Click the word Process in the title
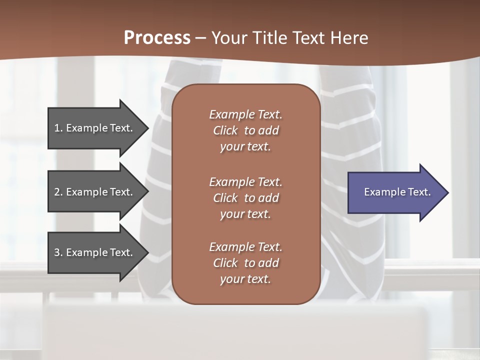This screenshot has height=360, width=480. point(157,37)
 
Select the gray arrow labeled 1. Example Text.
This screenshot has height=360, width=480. point(95,128)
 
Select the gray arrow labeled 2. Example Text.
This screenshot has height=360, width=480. point(95,192)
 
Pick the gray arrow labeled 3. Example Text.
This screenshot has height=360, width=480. point(95,252)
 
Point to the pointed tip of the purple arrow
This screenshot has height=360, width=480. point(447,192)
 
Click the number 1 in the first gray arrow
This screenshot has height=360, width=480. point(57,128)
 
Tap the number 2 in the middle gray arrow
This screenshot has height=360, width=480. point(57,192)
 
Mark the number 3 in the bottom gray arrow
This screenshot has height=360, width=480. point(57,252)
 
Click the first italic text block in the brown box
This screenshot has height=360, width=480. point(245,130)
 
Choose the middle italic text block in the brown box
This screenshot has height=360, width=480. point(245,198)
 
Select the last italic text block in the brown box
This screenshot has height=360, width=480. point(245,263)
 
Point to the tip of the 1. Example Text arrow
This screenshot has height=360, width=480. point(147,128)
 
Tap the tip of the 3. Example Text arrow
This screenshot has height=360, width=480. point(147,252)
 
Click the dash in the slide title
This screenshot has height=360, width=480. point(200,38)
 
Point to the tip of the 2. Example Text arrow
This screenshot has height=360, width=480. point(147,192)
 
